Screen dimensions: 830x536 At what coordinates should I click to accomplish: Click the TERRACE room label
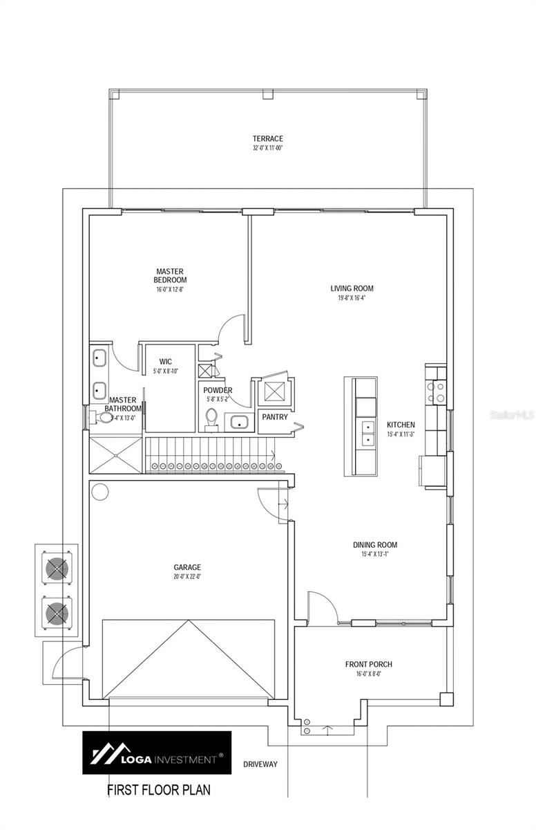point(267,139)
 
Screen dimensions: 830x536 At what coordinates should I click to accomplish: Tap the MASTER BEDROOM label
point(170,276)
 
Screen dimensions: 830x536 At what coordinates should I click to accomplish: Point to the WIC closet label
point(166,361)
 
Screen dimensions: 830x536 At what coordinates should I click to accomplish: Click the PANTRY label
point(275,417)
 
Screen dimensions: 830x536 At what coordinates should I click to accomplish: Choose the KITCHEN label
point(401,425)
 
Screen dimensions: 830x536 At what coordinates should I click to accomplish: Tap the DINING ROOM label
point(374,545)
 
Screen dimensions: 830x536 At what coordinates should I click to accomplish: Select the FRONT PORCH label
point(369,665)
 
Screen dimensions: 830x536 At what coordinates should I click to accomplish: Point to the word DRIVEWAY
point(260,764)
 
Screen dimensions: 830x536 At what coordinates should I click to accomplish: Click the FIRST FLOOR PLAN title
point(158,789)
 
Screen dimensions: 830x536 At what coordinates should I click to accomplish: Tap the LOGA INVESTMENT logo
point(157,753)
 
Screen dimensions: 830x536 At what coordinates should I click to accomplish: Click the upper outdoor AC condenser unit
point(57,568)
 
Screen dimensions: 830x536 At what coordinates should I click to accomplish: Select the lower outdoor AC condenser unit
point(57,613)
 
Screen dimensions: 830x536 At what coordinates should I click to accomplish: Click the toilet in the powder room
point(212,418)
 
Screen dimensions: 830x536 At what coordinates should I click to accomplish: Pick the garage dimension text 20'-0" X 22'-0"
point(187,575)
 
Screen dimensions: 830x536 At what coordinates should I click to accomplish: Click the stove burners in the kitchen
point(436,393)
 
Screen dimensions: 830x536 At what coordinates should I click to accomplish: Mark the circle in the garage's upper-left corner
point(100,492)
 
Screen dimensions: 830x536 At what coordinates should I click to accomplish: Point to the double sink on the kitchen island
point(364,434)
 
